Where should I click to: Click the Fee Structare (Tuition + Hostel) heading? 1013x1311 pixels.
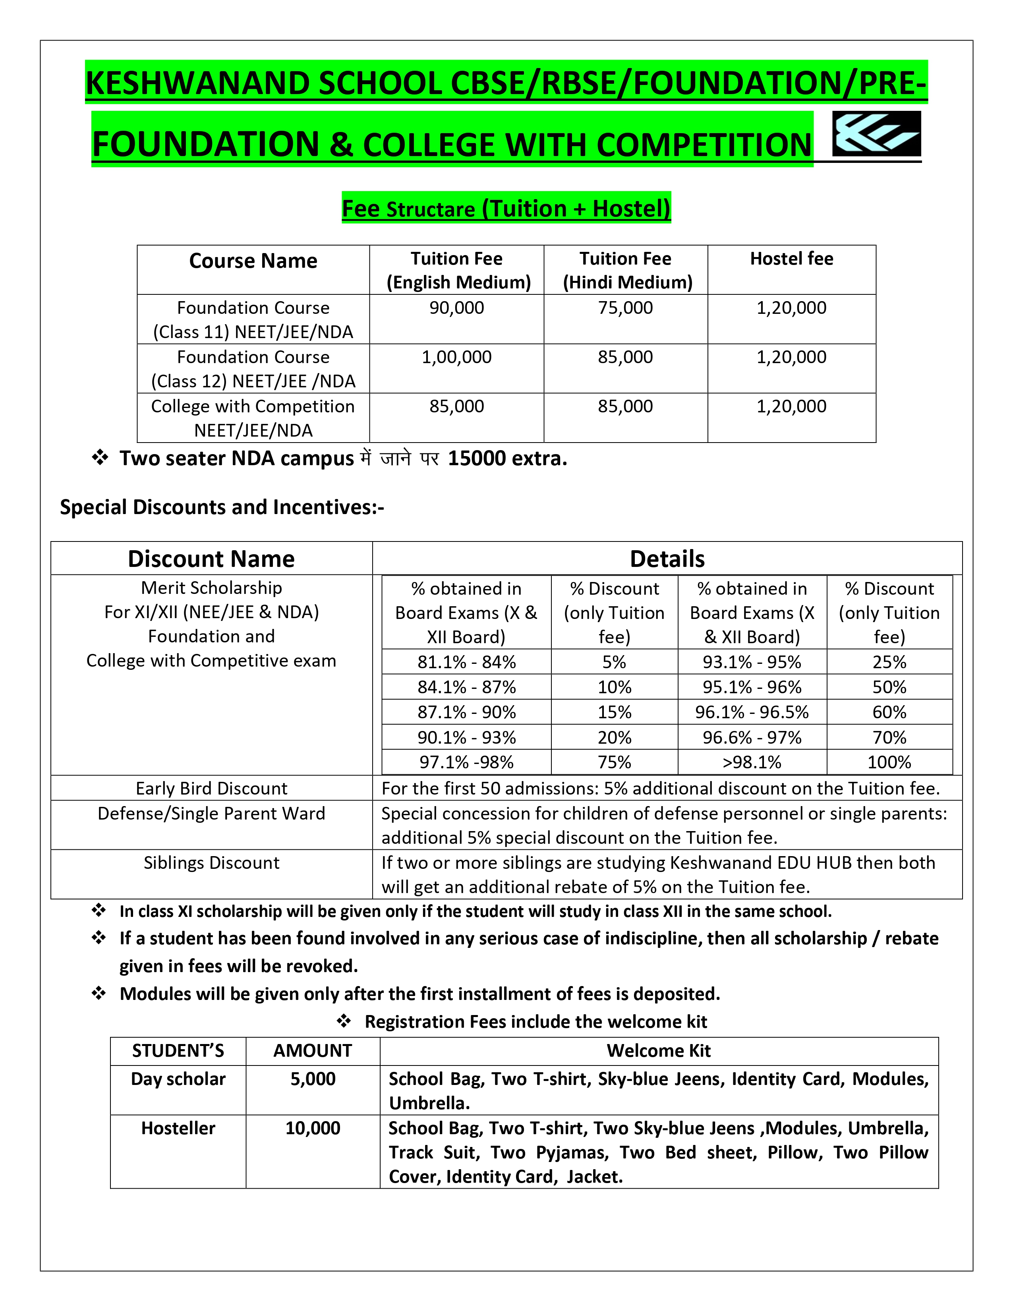pos(506,208)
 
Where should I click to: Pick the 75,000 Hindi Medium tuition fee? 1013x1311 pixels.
pos(625,308)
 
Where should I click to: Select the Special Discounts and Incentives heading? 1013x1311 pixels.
pos(221,507)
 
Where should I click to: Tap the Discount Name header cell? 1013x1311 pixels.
pos(211,559)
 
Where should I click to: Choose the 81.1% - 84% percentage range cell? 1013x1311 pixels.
pos(466,662)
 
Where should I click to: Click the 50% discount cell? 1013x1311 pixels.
pos(889,687)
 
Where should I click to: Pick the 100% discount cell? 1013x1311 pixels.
pos(889,762)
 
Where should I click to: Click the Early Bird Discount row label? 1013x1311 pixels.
pos(211,788)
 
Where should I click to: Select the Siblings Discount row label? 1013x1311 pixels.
pos(211,862)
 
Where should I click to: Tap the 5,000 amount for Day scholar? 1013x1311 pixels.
pos(313,1079)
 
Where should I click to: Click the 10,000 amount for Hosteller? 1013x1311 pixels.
pos(313,1128)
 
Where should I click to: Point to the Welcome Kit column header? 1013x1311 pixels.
pos(658,1050)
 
